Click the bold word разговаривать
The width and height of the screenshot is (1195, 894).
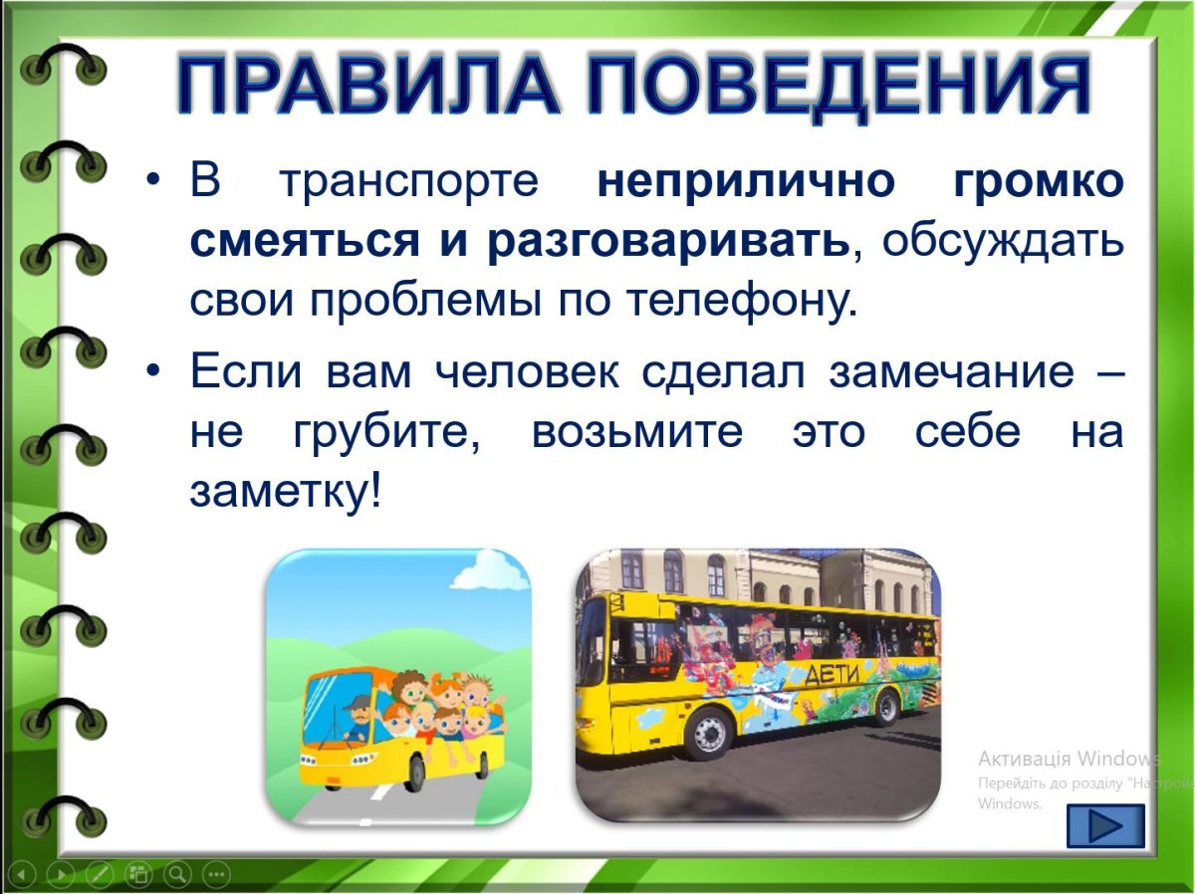[668, 242]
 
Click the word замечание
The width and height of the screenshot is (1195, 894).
[951, 373]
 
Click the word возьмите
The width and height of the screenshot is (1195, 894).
[637, 433]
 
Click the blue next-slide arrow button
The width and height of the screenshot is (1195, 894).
[1105, 826]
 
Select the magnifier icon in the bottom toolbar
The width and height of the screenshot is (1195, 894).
[177, 875]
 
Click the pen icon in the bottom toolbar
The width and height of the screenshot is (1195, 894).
[100, 875]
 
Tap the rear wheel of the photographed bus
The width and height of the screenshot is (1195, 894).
[885, 707]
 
